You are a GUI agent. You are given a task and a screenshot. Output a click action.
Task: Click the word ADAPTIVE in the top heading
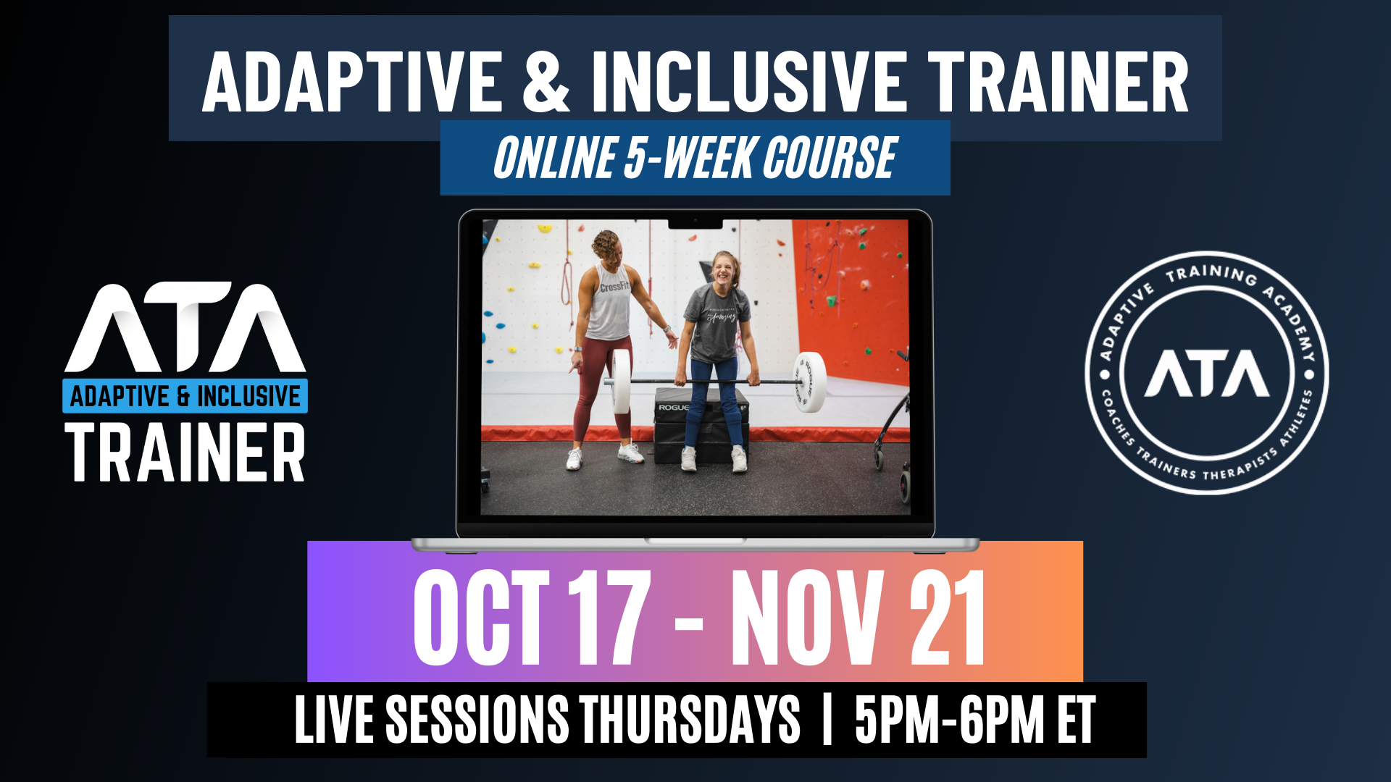click(352, 82)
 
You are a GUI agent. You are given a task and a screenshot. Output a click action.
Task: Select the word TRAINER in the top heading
click(1058, 82)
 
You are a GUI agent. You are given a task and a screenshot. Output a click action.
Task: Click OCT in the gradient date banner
click(481, 618)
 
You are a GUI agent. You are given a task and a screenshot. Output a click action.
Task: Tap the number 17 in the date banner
click(607, 618)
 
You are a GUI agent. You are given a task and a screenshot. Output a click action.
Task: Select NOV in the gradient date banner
click(807, 618)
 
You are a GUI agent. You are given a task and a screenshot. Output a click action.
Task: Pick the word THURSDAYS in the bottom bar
click(689, 720)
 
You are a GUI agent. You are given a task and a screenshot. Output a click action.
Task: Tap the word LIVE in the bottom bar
click(334, 720)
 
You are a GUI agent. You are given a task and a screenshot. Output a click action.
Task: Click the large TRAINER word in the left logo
click(185, 453)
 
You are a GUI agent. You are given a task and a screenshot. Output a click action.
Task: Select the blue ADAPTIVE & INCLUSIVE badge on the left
click(185, 396)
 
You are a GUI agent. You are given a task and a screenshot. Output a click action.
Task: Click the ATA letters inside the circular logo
click(1206, 373)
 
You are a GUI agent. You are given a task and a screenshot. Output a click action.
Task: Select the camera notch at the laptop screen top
click(695, 223)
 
